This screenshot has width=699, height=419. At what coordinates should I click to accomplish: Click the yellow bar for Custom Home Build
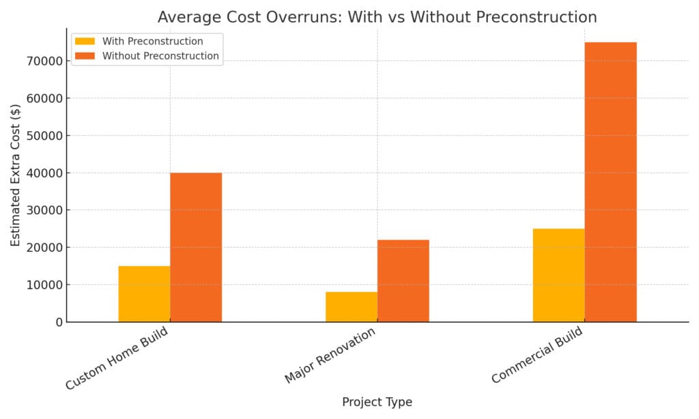pyautogui.click(x=144, y=293)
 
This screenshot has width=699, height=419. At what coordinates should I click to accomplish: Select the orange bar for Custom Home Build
pyautogui.click(x=196, y=247)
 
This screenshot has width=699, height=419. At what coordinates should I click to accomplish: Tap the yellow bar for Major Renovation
pyautogui.click(x=352, y=306)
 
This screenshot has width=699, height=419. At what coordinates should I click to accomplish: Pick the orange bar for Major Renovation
pyautogui.click(x=403, y=280)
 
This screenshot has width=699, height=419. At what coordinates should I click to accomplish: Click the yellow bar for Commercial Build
pyautogui.click(x=558, y=275)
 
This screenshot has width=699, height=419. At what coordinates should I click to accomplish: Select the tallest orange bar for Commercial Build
pyautogui.click(x=610, y=182)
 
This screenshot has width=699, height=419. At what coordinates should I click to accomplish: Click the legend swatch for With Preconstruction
pyautogui.click(x=85, y=41)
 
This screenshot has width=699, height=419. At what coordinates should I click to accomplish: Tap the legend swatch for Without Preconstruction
pyautogui.click(x=85, y=56)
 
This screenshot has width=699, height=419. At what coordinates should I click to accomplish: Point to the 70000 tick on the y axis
pyautogui.click(x=42, y=61)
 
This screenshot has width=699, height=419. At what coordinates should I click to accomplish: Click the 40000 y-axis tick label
pyautogui.click(x=42, y=173)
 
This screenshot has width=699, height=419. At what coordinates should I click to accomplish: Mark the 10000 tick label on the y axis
pyautogui.click(x=42, y=285)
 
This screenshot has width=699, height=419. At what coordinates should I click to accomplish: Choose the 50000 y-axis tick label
pyautogui.click(x=42, y=136)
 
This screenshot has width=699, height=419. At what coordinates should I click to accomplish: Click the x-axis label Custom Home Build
pyautogui.click(x=117, y=359)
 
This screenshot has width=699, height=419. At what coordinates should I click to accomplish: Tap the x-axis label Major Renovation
pyautogui.click(x=330, y=356)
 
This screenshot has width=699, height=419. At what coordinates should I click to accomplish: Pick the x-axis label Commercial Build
pyautogui.click(x=537, y=356)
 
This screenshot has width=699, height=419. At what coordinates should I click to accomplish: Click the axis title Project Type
pyautogui.click(x=377, y=403)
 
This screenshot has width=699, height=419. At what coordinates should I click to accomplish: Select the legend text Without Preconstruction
pyautogui.click(x=160, y=56)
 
